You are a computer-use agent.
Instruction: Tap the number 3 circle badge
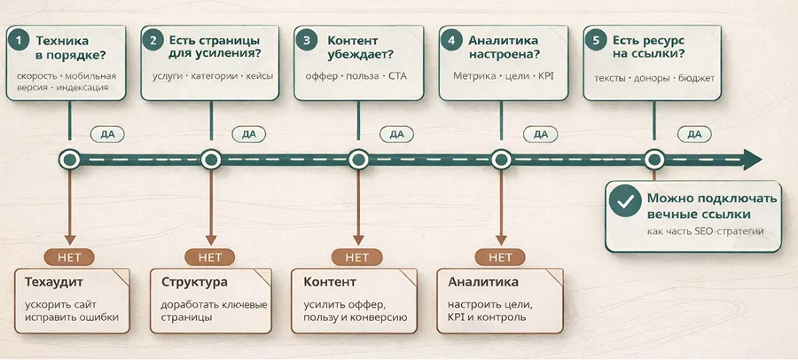pyautogui.click(x=308, y=41)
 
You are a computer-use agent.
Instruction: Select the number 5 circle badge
pyautogui.click(x=596, y=41)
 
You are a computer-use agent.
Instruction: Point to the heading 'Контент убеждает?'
pyautogui.click(x=364, y=48)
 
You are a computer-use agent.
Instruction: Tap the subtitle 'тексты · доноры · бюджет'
pyautogui.click(x=654, y=77)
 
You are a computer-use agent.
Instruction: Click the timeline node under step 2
pyautogui.click(x=211, y=160)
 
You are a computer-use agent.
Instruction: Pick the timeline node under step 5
pyautogui.click(x=654, y=160)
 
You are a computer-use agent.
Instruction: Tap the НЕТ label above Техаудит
pyautogui.click(x=69, y=257)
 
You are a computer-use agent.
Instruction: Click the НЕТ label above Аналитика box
pyautogui.click(x=500, y=257)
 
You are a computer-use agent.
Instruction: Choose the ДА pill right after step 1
pyautogui.click(x=107, y=134)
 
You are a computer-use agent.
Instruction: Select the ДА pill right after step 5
pyautogui.click(x=694, y=134)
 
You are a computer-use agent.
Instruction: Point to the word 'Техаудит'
pyautogui.click(x=52, y=283)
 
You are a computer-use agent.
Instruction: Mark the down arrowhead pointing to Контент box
pyautogui.click(x=357, y=240)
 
